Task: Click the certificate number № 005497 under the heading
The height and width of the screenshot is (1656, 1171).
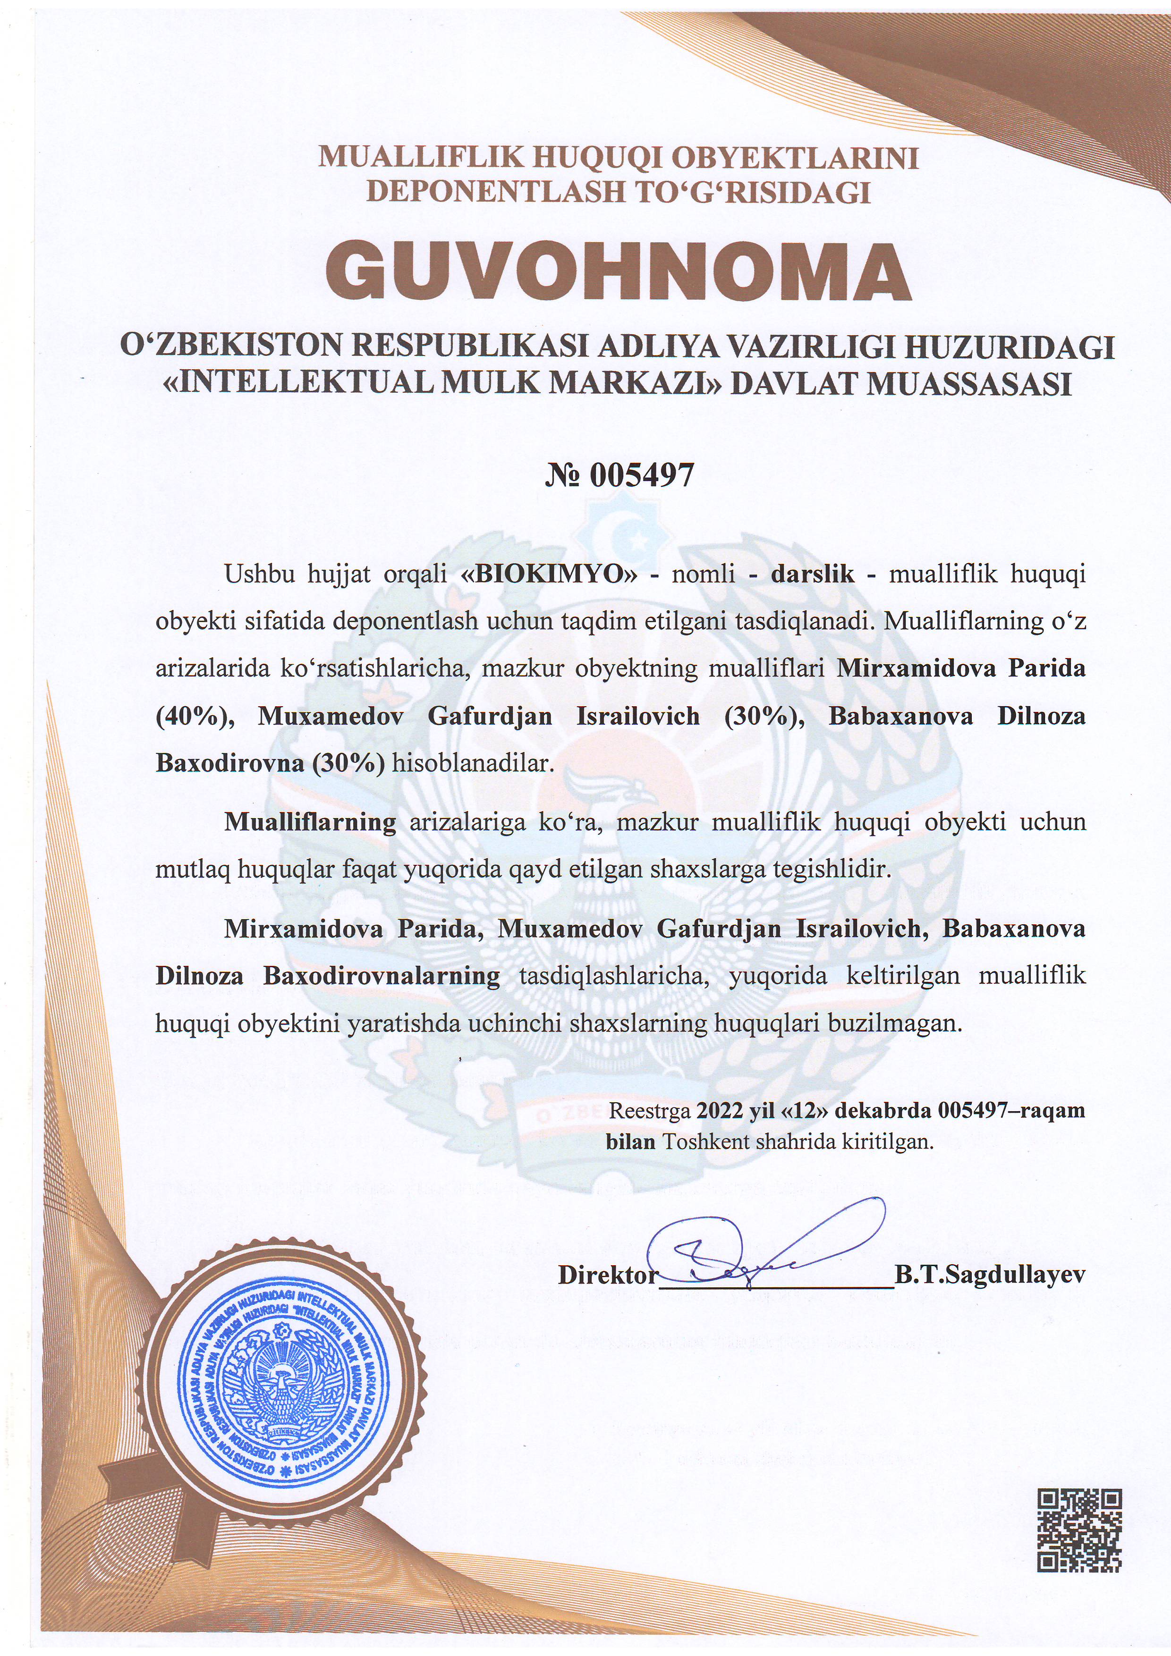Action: [x=619, y=475]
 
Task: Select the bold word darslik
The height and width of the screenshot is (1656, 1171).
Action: [x=813, y=575]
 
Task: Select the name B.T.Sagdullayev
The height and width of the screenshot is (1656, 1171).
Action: [x=989, y=1275]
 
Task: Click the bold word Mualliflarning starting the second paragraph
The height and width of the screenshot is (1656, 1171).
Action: [x=310, y=822]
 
